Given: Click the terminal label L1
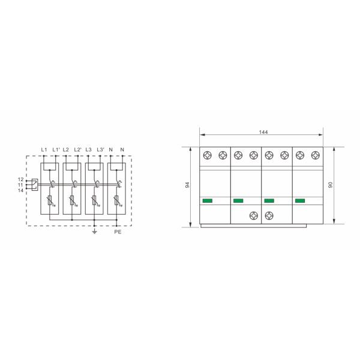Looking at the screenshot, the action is coord(44,149).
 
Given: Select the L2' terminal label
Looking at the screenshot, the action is coord(78,149).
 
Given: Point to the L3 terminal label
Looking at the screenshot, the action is coord(88,149).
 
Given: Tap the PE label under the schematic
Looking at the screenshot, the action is coord(118,232).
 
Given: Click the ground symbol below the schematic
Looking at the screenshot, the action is coord(94,232).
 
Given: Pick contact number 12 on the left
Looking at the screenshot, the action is coord(20,179).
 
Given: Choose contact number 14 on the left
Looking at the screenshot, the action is coord(20,190).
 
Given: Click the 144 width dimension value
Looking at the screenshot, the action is coord(263,132).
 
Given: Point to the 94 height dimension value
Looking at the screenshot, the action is coord(188,185).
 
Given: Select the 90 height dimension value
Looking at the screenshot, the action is coord(331,185).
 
